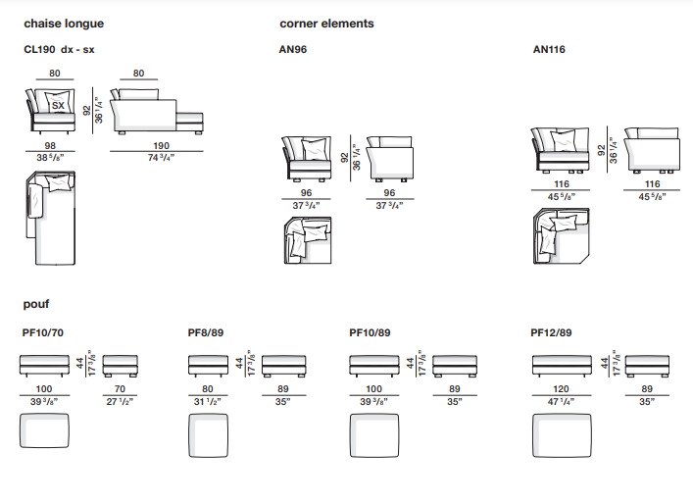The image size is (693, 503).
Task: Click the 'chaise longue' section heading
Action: tap(63, 24)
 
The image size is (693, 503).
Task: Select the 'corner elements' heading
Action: tap(326, 24)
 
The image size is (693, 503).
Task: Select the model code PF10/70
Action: tap(44, 332)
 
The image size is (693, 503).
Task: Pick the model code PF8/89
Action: tap(206, 332)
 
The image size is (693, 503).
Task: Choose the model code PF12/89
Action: tap(552, 332)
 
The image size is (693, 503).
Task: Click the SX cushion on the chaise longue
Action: tap(58, 105)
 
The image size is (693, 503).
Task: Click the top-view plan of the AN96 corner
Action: tap(308, 241)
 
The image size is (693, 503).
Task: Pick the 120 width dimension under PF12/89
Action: tap(562, 388)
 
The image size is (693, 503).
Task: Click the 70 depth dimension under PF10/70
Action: tap(122, 388)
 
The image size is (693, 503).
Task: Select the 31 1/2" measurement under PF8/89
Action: tap(208, 400)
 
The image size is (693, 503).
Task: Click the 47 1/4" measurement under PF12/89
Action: tap(562, 400)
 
